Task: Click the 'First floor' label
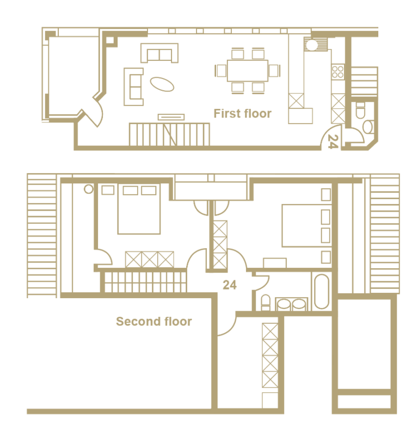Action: point(242,113)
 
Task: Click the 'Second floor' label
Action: point(154,321)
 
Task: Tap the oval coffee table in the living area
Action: point(162,84)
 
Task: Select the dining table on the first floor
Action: point(248,71)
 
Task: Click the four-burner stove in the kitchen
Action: point(338,72)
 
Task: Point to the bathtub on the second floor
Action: point(322,292)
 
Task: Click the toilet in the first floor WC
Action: point(360,110)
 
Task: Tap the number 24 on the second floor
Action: point(230,285)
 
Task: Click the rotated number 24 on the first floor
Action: point(333,141)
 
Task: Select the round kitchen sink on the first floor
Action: point(311,45)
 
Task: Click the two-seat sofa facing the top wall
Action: point(159,53)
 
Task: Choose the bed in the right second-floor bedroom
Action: point(307,225)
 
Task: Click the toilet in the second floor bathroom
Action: point(266,303)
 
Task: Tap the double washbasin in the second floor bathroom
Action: point(292,304)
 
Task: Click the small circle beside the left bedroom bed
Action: point(89,189)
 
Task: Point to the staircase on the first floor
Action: point(169,134)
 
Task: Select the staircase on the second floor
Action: point(143,282)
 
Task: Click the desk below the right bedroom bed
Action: point(275,263)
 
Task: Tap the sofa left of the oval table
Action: point(134,87)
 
